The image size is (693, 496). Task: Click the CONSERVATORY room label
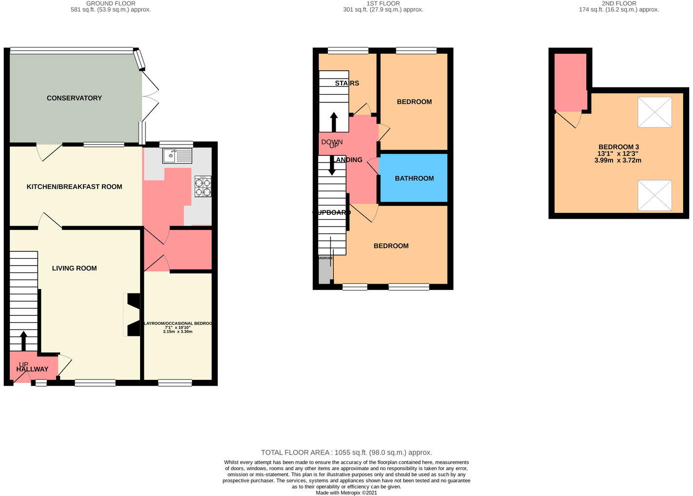(x=74, y=98)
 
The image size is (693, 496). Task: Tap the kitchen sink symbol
(x=177, y=156)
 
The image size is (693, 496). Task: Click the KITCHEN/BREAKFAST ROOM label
(x=74, y=186)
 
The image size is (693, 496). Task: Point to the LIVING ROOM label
(x=74, y=268)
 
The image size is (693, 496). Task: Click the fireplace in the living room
(x=133, y=314)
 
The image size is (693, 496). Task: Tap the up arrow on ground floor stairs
(x=23, y=341)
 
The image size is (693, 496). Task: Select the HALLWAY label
(x=32, y=370)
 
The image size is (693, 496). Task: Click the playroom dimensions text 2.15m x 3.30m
(x=178, y=331)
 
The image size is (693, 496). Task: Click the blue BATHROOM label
(x=414, y=178)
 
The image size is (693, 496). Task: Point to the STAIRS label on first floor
(x=347, y=83)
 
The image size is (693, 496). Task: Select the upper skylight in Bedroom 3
(x=654, y=112)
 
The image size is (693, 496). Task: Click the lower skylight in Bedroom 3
(x=654, y=195)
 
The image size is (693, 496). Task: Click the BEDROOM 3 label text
(x=618, y=147)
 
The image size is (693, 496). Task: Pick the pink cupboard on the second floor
(x=571, y=82)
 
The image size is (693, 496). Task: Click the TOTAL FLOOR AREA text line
(x=346, y=453)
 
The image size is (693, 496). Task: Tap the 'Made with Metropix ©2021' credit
(x=346, y=493)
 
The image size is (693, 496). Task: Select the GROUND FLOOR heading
(x=111, y=3)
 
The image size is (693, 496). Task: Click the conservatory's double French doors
(x=150, y=96)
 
